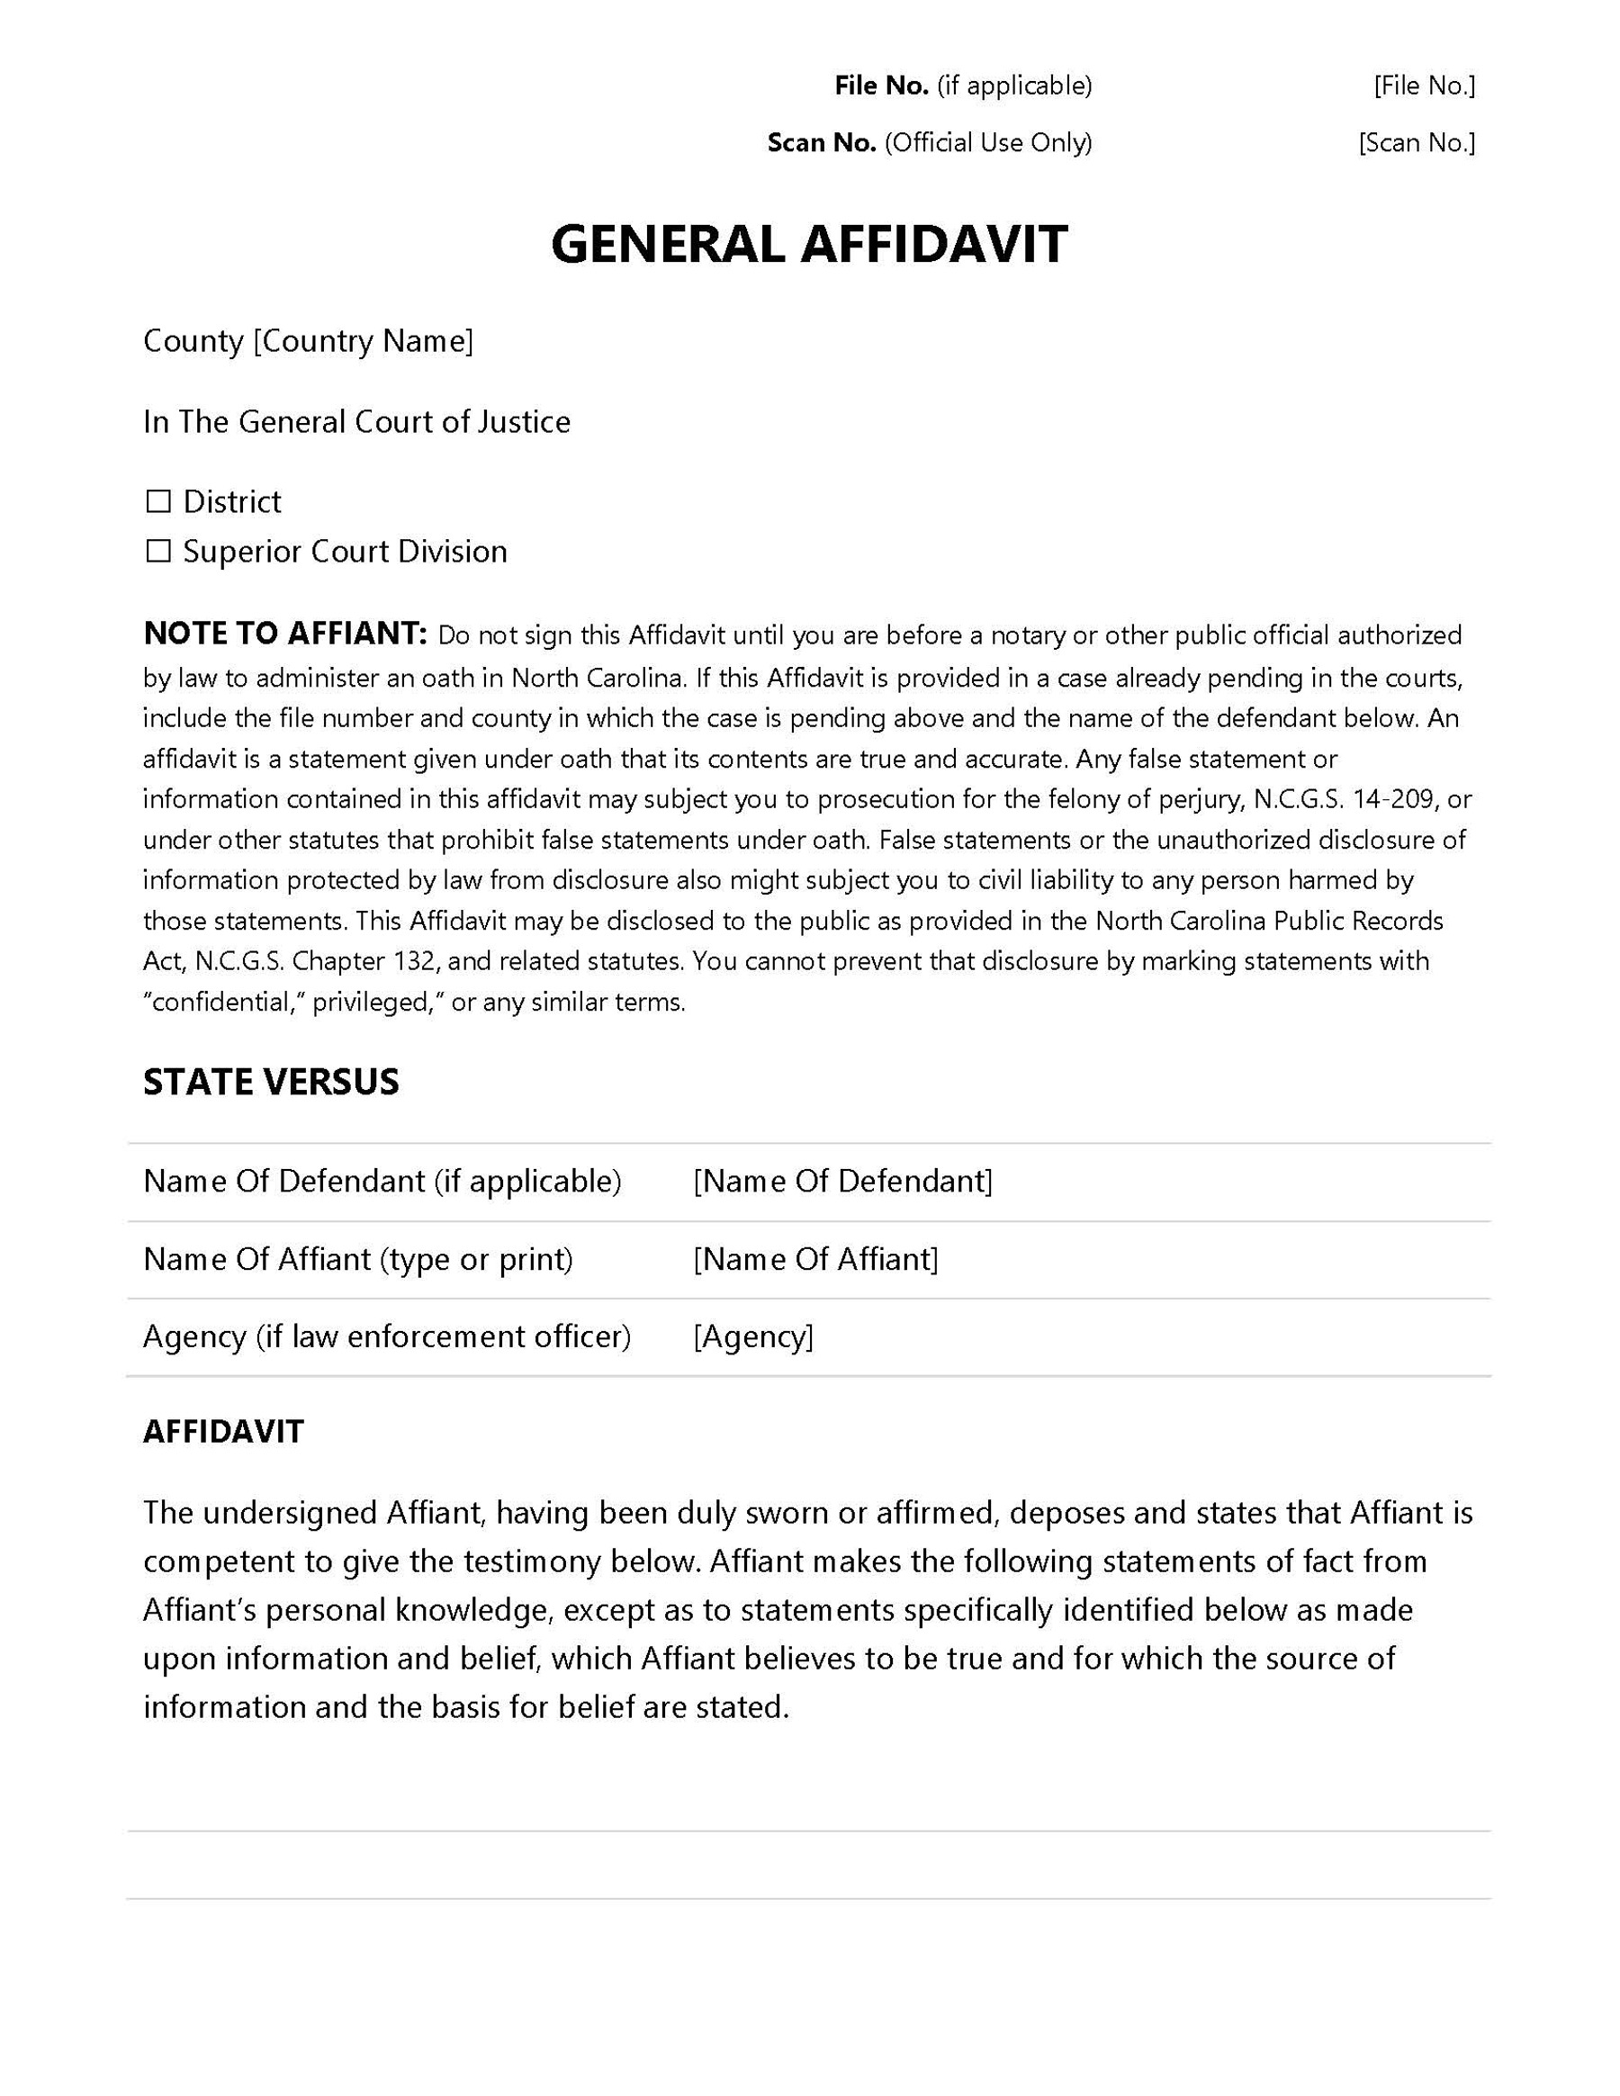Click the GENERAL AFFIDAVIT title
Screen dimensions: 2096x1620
click(809, 244)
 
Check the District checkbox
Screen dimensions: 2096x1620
click(158, 501)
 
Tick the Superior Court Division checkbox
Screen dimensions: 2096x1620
click(158, 551)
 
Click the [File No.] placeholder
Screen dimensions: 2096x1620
click(1424, 86)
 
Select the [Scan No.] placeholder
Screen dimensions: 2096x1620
click(1417, 143)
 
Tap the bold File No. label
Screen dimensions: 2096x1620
click(881, 86)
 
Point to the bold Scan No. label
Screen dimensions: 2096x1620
click(822, 143)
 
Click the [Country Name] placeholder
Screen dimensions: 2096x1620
click(363, 341)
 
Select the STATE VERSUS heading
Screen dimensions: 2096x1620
click(271, 1082)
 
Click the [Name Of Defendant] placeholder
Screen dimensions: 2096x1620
click(842, 1181)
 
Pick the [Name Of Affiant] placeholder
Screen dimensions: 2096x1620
click(815, 1258)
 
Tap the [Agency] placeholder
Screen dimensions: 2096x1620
click(753, 1336)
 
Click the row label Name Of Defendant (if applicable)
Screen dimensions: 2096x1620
click(382, 1181)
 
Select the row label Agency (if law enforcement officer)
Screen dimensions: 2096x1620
click(387, 1336)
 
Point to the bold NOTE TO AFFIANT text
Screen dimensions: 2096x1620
click(284, 634)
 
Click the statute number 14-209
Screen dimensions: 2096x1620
click(1393, 798)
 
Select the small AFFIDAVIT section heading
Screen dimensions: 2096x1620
click(223, 1431)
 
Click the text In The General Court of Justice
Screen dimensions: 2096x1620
click(357, 421)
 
